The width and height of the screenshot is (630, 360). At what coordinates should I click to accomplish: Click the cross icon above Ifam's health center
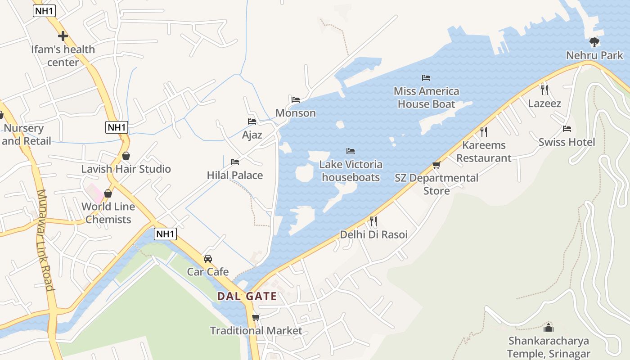coord(63,36)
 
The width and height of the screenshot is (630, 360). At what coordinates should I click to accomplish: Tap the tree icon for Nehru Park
coord(594,42)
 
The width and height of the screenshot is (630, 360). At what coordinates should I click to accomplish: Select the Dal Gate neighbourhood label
coord(247,296)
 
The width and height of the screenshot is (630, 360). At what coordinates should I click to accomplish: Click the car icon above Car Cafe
coord(207,258)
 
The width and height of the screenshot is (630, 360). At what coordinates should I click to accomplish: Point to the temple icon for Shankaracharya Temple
coord(548,327)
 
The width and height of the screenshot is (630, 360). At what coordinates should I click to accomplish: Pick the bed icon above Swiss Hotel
coord(567,129)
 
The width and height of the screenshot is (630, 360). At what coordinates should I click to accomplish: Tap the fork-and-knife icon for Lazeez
coord(544,90)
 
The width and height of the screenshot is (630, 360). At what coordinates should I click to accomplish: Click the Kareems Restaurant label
coord(484,152)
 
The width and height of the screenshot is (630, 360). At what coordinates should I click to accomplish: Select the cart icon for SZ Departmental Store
coord(436,165)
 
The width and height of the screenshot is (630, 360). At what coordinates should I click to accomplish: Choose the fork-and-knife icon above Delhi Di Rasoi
coord(373,221)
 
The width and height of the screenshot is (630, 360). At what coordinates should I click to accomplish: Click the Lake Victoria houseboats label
coord(351,171)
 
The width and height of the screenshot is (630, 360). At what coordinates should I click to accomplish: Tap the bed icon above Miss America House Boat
coord(426,78)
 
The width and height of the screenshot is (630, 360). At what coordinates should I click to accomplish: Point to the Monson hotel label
coord(296,113)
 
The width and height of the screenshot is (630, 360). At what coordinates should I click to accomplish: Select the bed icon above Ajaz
coord(252,121)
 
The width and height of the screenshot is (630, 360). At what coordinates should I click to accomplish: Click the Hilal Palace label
coord(235,175)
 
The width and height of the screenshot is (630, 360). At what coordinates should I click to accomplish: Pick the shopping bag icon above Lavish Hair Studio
coord(126,156)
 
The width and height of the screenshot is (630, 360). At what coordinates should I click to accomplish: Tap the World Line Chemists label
coord(108,213)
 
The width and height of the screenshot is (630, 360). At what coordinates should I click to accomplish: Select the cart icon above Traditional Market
coord(256,317)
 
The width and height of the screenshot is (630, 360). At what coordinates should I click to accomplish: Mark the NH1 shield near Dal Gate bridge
coord(165,234)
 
